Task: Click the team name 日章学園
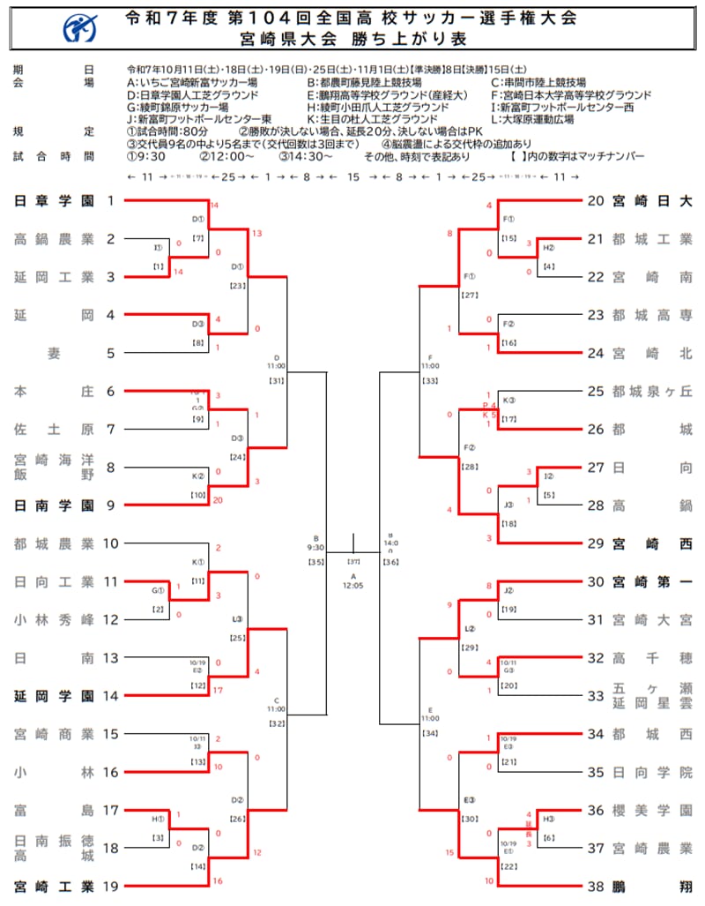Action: point(54,201)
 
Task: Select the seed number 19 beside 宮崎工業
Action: point(111,885)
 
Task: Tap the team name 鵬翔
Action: point(653,885)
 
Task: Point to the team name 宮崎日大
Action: point(653,201)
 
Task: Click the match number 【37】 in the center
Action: point(353,561)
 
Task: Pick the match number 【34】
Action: point(430,732)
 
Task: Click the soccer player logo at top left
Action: point(81,30)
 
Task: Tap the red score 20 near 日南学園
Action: point(218,500)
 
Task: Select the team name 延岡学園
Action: point(54,695)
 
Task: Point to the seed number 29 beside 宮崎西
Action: point(596,543)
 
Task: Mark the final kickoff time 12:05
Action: point(353,586)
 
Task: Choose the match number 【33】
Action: point(430,380)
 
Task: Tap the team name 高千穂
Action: point(653,657)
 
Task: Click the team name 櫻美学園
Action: point(653,809)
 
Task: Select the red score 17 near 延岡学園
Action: point(218,689)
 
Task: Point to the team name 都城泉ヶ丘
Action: point(653,391)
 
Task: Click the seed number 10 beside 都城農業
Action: point(111,543)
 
